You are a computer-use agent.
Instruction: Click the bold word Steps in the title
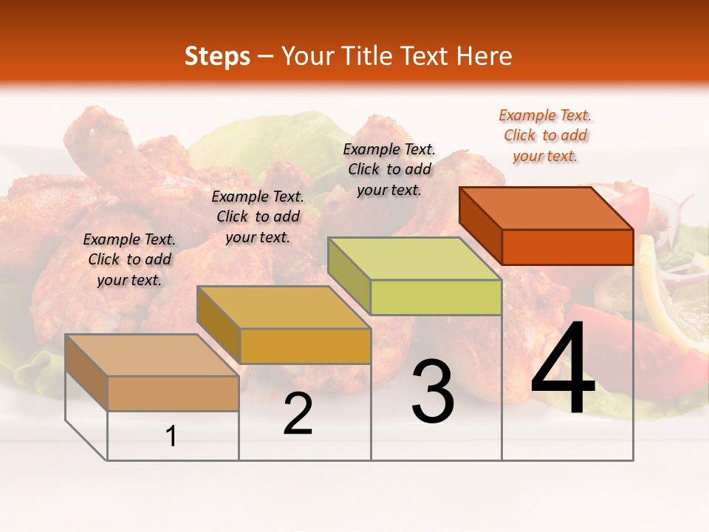click(217, 56)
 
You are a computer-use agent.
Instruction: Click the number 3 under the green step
click(433, 392)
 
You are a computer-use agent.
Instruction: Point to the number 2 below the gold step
click(298, 414)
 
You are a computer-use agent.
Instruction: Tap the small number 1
click(171, 436)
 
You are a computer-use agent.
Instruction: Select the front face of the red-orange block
click(567, 247)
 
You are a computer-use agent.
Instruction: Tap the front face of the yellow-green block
click(436, 298)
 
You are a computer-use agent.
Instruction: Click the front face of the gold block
click(305, 346)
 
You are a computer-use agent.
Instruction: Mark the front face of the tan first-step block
click(173, 393)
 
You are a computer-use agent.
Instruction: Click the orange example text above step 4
click(545, 135)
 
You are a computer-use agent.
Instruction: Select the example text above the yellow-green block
click(389, 169)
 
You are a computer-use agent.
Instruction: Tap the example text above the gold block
click(258, 216)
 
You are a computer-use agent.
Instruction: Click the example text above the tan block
click(129, 259)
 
